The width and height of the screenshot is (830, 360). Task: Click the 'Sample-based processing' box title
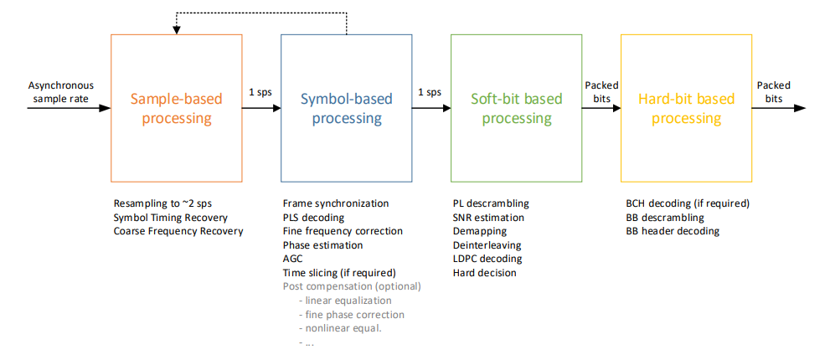176,108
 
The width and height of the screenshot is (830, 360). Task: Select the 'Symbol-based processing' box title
347,108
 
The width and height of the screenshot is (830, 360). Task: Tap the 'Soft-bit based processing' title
517,108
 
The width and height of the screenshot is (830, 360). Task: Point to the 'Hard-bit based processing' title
687,108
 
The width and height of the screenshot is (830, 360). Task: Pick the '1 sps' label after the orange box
260,91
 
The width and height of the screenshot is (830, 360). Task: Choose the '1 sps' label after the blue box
430,91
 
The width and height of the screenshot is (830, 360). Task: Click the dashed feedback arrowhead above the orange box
176,29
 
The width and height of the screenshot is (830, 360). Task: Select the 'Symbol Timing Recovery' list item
171,218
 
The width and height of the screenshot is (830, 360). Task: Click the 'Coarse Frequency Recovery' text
178,231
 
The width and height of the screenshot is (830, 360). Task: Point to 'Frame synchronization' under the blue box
336,203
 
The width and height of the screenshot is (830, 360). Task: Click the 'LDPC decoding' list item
487,259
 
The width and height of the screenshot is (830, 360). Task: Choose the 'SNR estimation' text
488,218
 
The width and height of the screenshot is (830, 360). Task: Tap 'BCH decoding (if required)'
688,203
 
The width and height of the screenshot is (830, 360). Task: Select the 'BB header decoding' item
673,231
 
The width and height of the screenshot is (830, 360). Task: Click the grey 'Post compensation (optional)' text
352,287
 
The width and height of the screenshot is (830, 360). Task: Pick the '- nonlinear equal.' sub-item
340,328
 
